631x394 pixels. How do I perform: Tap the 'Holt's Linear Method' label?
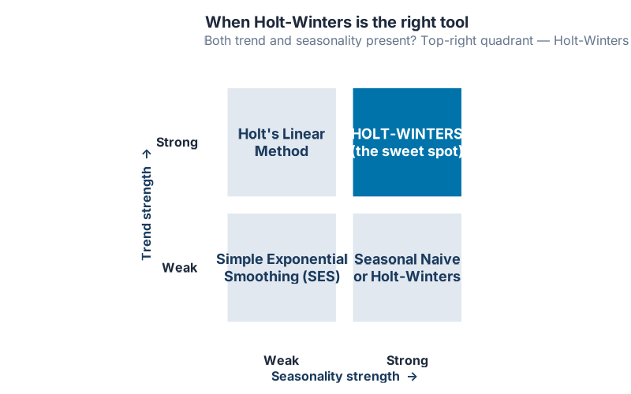pyautogui.click(x=282, y=143)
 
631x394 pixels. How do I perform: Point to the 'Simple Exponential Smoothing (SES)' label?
pyautogui.click(x=282, y=268)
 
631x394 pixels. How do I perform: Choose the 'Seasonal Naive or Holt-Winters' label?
pyautogui.click(x=407, y=268)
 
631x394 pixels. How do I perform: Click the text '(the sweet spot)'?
pyautogui.click(x=407, y=151)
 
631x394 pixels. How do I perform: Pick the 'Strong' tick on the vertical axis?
pyautogui.click(x=177, y=143)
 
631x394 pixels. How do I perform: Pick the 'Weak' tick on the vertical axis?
pyautogui.click(x=179, y=268)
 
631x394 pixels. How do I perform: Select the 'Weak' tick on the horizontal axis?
pyautogui.click(x=282, y=361)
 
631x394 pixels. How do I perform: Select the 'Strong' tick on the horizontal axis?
pyautogui.click(x=407, y=361)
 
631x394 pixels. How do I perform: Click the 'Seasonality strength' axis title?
pyautogui.click(x=335, y=377)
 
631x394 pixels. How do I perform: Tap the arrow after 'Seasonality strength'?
pyautogui.click(x=413, y=377)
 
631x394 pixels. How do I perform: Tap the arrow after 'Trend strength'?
pyautogui.click(x=146, y=154)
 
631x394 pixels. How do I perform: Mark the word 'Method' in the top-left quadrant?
pyautogui.click(x=282, y=151)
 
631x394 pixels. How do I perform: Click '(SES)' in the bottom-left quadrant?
pyautogui.click(x=322, y=277)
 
